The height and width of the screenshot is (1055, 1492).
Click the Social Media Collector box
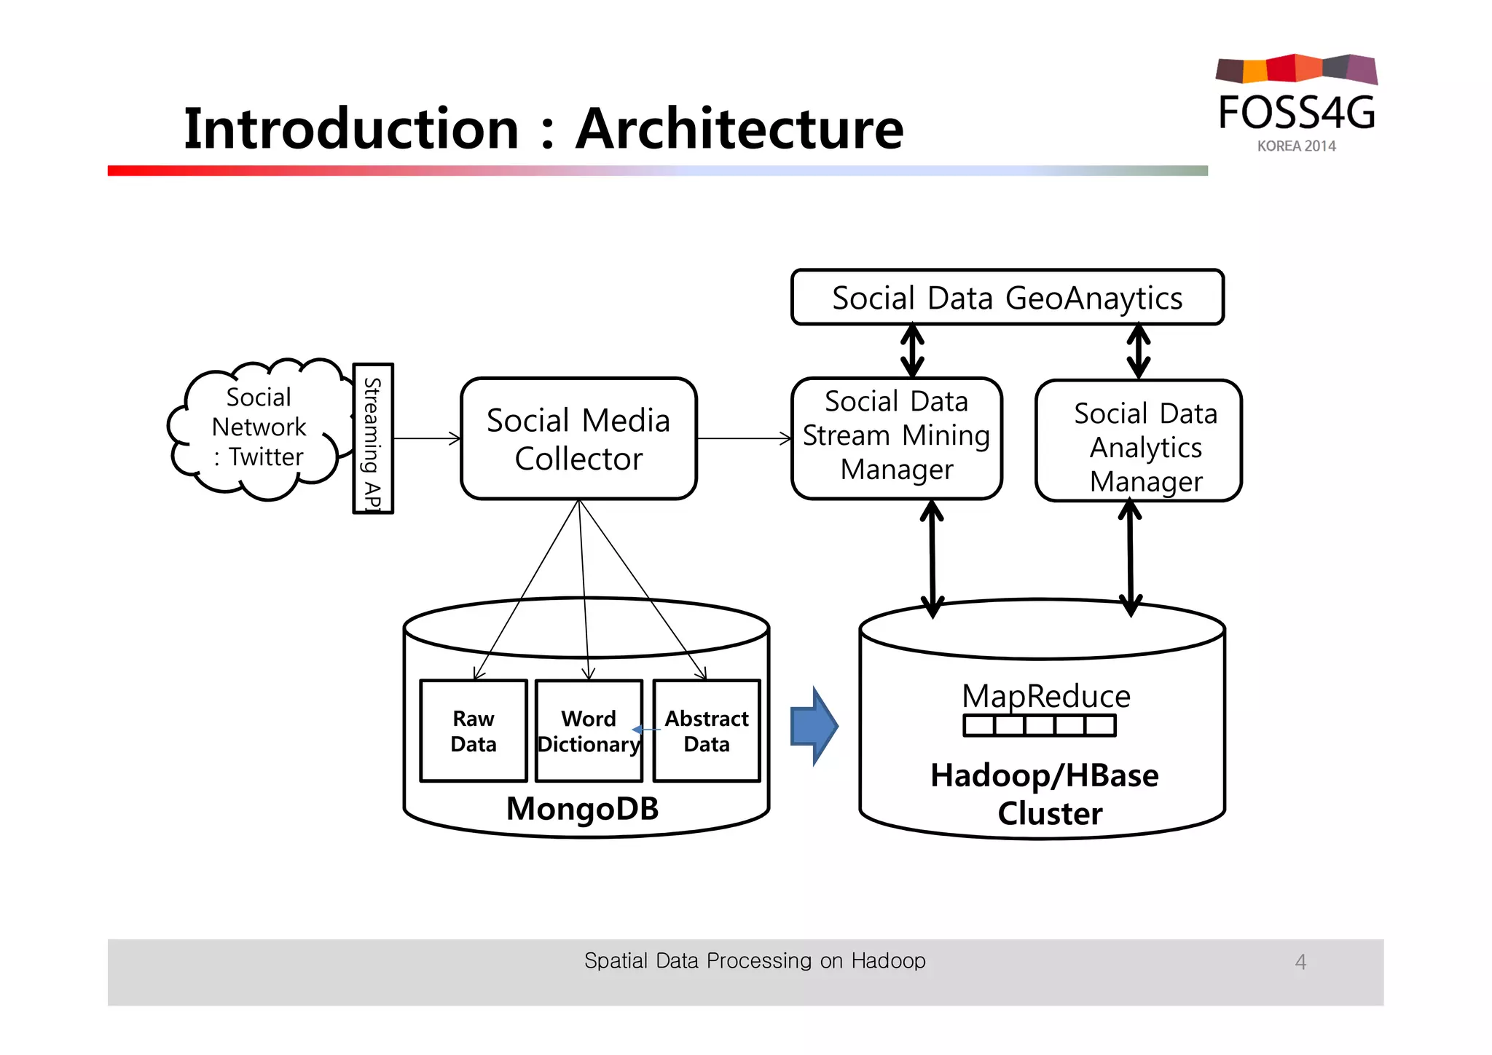pos(578,439)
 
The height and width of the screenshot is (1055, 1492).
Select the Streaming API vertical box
pos(373,439)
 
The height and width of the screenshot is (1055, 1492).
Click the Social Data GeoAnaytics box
pos(1007,298)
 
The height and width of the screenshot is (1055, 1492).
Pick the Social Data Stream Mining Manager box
pos(896,437)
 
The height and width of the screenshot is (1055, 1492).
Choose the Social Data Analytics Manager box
pos(1138,441)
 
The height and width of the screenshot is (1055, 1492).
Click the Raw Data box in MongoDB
pos(474,731)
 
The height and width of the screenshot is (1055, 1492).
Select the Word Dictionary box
pos(589,731)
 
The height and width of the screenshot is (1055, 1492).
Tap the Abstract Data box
pos(707,731)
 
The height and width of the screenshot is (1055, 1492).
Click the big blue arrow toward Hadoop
pos(814,726)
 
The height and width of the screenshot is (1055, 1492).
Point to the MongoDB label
pos(582,809)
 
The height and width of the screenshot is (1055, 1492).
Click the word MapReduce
pos(1045,696)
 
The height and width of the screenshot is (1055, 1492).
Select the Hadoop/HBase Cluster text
pos(1045,794)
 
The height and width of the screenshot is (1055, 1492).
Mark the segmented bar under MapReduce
pos(1039,726)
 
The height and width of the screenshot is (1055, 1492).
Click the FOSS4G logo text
pos(1297,113)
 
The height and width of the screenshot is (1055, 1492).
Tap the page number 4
pos(1300,963)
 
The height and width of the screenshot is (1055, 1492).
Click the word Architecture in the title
pos(739,129)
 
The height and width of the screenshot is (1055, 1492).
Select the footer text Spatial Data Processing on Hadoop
pos(755,961)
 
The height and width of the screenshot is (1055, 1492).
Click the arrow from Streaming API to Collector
pos(427,438)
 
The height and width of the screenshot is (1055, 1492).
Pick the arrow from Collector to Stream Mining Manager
pos(744,438)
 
